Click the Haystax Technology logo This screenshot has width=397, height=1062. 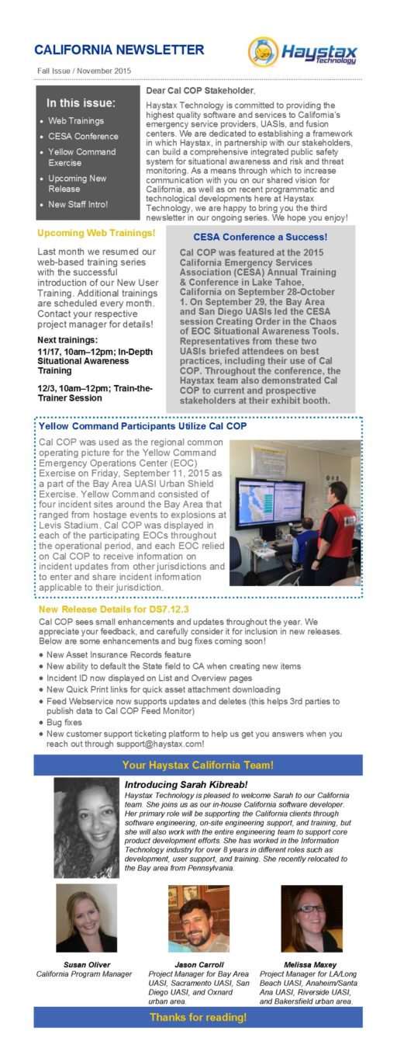303,53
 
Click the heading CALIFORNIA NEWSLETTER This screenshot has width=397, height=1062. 119,50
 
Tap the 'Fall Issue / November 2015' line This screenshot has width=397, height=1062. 84,71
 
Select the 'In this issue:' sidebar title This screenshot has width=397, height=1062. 81,102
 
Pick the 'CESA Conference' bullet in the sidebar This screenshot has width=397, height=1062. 83,137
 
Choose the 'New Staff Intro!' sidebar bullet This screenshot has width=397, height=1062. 78,204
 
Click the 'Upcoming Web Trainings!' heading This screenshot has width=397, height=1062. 96,233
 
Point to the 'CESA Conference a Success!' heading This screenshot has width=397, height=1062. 260,237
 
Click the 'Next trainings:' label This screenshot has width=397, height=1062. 67,340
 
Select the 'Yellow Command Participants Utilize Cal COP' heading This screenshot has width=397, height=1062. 142,426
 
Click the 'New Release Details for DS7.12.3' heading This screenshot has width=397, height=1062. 114,609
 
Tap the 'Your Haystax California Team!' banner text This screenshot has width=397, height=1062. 198,765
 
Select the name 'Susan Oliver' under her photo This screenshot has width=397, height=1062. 85,964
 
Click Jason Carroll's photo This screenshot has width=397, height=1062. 198,918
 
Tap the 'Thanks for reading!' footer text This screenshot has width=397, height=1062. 198,1017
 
